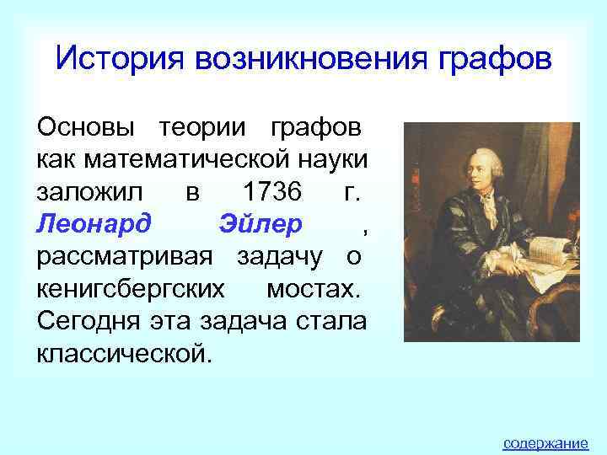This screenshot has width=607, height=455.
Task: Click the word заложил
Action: point(88,191)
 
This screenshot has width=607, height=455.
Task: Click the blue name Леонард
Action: point(94,224)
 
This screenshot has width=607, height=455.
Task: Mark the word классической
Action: point(119,352)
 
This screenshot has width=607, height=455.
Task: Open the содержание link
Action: point(545,442)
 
